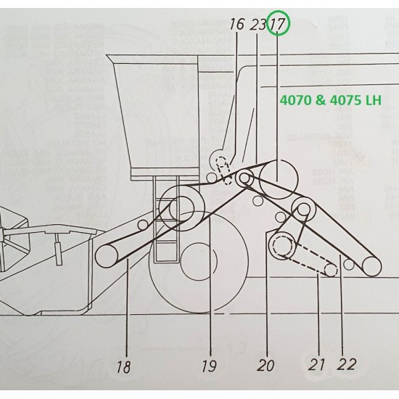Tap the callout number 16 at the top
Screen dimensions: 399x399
[x=237, y=25]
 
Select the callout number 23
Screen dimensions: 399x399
[x=258, y=25]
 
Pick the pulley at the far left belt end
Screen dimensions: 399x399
[x=105, y=255]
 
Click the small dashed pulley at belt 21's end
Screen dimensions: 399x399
[x=331, y=271]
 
